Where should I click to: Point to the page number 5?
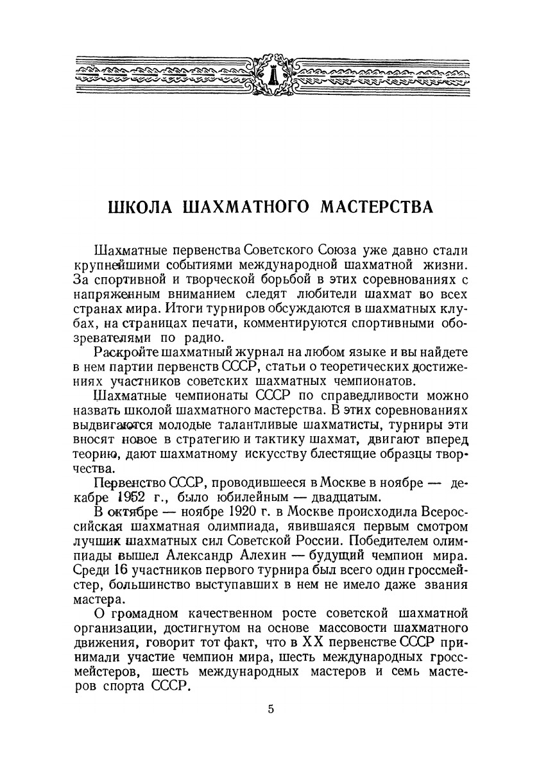pos(270,709)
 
